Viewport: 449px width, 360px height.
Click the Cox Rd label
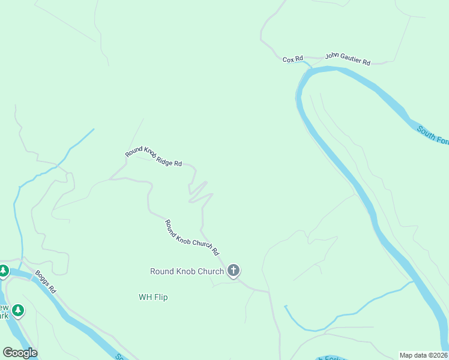tap(292, 59)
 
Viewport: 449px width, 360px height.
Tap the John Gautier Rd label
tap(348, 58)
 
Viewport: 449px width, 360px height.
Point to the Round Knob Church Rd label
tap(192, 238)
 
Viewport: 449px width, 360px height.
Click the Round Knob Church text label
tap(187, 271)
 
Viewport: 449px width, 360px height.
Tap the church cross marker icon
tap(234, 271)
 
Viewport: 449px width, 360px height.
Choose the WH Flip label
tap(153, 297)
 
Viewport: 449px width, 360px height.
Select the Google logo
tap(20, 353)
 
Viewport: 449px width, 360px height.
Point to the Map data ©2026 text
tap(424, 355)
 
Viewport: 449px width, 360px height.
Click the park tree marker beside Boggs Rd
tap(4, 271)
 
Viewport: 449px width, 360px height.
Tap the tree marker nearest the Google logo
tap(19, 310)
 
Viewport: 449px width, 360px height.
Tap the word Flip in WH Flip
tap(161, 297)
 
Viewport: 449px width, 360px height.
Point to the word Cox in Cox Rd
tap(289, 59)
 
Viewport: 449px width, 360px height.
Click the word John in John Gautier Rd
tap(332, 56)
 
